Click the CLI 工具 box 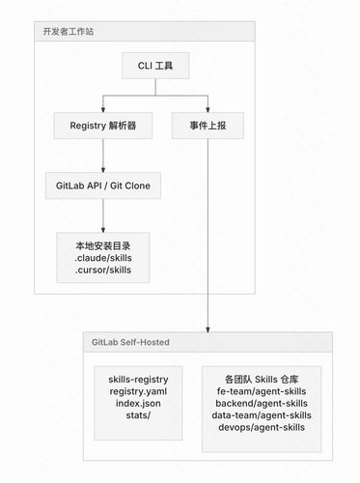[155, 66]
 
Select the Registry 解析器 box [103, 126]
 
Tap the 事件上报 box [208, 126]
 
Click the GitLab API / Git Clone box [103, 185]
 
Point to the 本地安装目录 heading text [103, 246]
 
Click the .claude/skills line [103, 258]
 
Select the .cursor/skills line [103, 270]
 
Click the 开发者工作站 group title [69, 32]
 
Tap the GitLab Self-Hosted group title [130, 342]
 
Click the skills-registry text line [138, 380]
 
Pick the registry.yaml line [138, 391]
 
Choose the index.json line [138, 404]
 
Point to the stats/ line [138, 415]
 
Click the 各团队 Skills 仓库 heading [262, 380]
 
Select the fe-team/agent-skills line [262, 391]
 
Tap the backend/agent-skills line [262, 404]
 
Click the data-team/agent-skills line [262, 415]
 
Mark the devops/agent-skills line [262, 427]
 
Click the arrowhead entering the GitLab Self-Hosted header [208, 330]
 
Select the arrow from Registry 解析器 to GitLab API [103, 156]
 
